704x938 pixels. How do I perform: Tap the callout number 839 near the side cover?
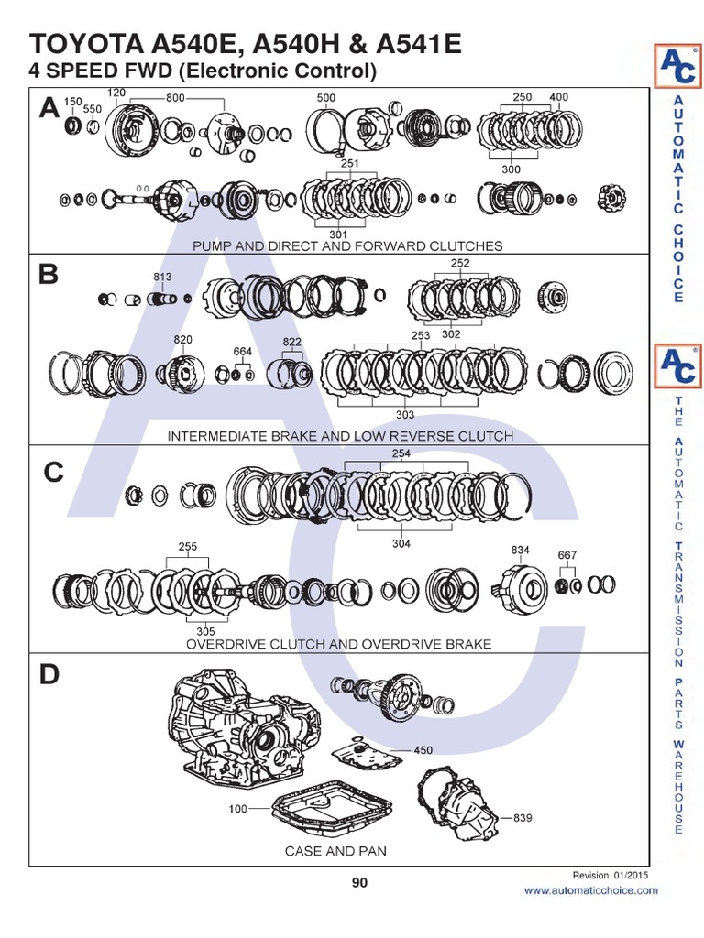click(522, 817)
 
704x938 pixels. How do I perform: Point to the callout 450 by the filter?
click(423, 750)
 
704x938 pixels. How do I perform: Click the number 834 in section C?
click(521, 549)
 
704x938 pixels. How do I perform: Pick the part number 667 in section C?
click(567, 555)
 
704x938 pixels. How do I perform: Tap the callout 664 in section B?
click(242, 351)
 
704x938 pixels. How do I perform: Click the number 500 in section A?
click(325, 97)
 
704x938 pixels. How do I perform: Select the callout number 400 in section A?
click(558, 97)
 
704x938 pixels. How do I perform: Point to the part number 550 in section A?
click(93, 108)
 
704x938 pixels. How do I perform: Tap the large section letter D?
click(49, 675)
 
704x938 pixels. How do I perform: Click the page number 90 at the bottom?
click(358, 883)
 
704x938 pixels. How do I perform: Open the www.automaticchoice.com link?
click(590, 890)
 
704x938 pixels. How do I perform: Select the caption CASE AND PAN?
click(335, 851)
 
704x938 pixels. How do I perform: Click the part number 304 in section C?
click(401, 543)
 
